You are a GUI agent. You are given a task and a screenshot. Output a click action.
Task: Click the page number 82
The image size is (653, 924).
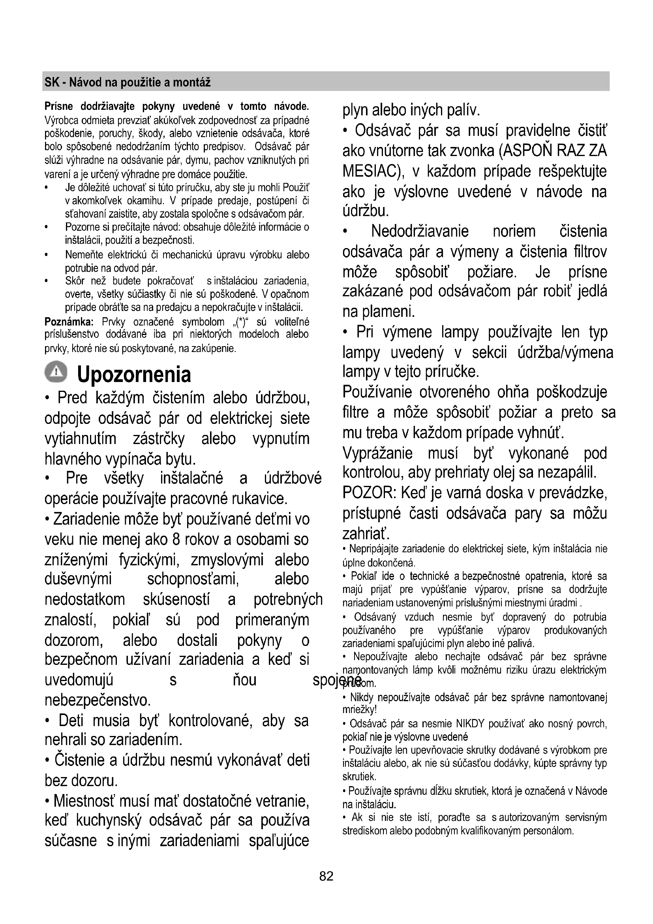coord(326,876)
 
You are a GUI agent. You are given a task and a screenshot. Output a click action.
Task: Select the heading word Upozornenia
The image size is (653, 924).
coord(134,374)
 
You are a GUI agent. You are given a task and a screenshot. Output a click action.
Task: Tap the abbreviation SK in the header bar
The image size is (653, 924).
coord(52,83)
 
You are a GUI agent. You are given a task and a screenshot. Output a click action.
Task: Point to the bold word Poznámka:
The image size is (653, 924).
coord(69,322)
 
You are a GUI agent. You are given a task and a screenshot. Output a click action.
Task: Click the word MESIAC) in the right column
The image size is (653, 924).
coord(373,171)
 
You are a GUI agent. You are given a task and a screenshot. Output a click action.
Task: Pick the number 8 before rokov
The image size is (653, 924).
coord(176,540)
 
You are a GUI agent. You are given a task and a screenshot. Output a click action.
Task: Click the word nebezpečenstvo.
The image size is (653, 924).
coord(98,701)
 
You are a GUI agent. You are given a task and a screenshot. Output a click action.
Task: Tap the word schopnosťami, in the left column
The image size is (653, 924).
coord(193,580)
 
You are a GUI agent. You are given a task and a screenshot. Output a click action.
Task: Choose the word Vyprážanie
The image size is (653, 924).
coord(377,453)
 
